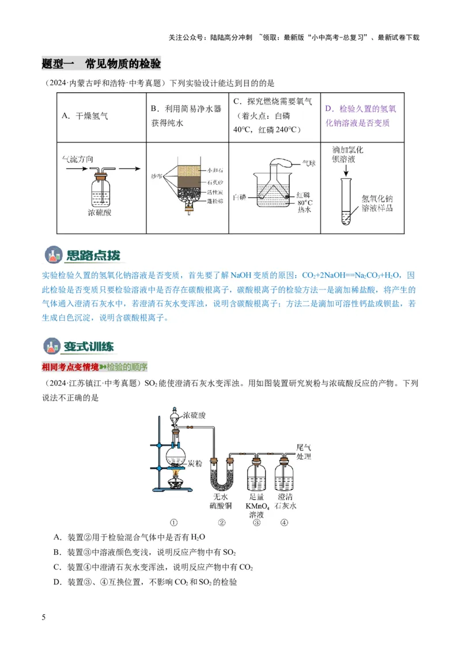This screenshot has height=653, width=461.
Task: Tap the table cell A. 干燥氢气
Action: coord(85,116)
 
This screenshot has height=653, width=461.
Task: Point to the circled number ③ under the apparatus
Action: coord(256,523)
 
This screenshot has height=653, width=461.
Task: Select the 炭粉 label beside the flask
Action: coord(194,463)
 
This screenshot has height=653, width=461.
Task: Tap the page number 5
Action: coord(44,618)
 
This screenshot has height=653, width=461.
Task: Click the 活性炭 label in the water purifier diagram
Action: coord(214,192)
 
